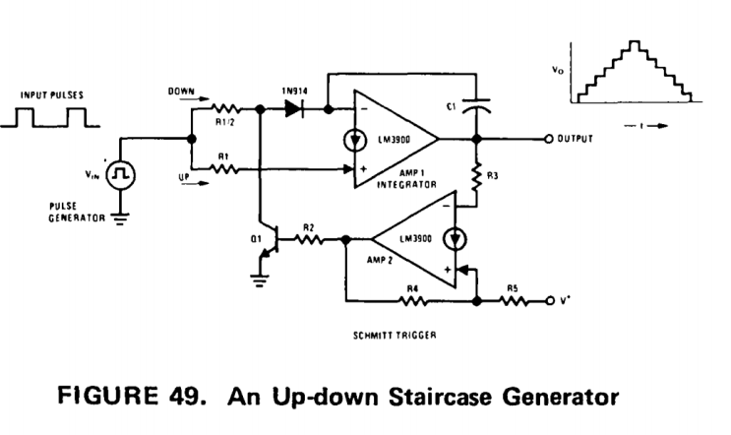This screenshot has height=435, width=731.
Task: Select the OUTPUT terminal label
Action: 575,140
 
